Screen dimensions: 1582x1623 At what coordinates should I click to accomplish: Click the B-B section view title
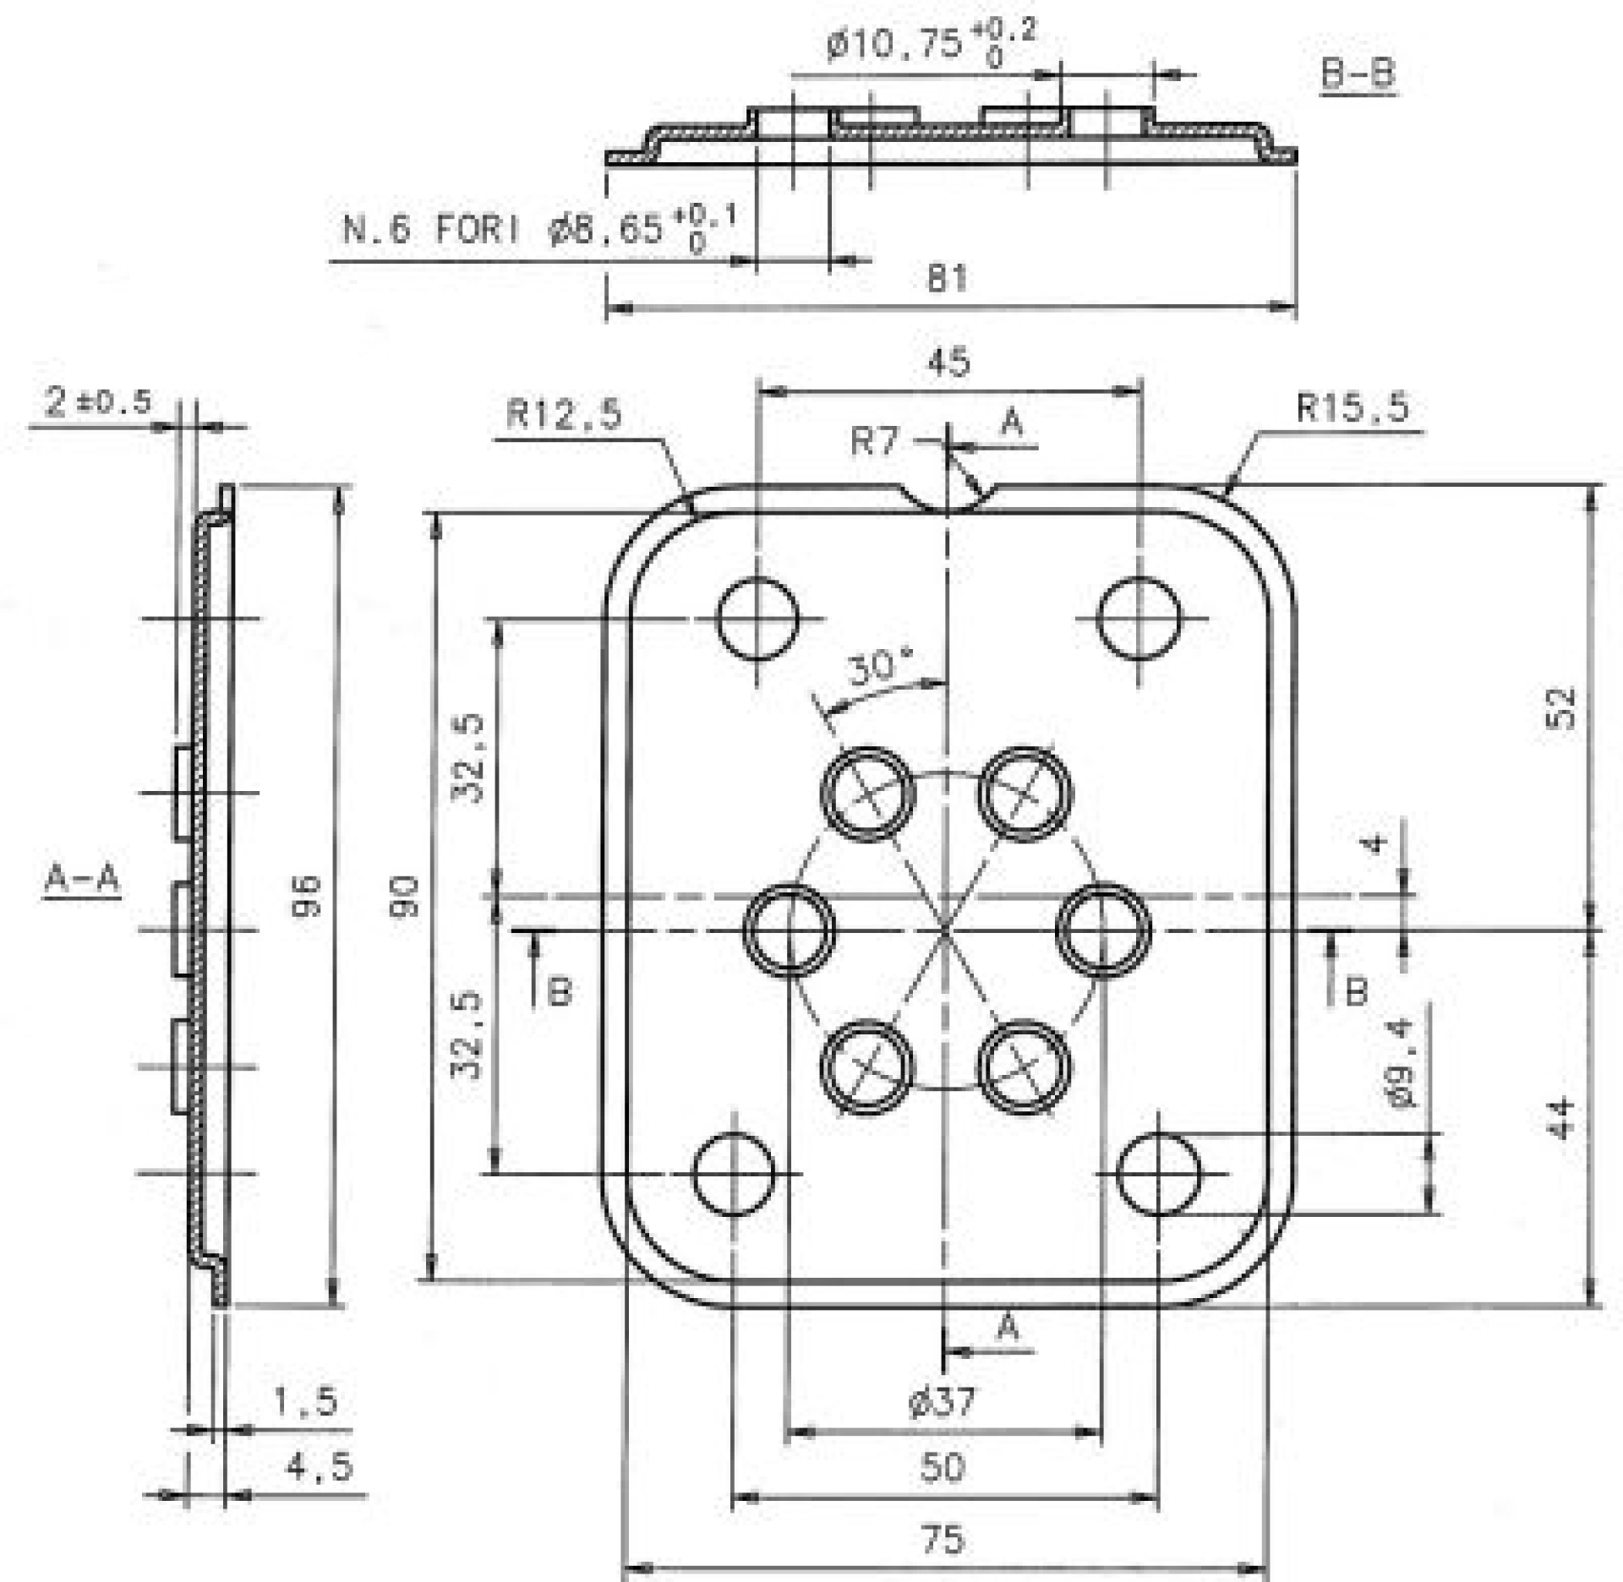[x=1358, y=74]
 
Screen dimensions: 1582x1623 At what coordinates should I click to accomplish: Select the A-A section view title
[x=82, y=880]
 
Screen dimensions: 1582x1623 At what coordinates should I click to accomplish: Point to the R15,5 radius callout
[x=1352, y=408]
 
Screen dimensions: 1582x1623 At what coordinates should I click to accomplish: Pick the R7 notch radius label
[x=875, y=441]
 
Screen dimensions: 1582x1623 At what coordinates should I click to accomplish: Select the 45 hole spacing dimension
[x=948, y=363]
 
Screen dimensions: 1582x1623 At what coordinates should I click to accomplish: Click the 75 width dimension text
[x=943, y=1539]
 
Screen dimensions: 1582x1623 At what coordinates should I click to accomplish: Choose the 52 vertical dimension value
[x=1564, y=708]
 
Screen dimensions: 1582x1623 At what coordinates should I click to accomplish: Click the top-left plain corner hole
[x=757, y=619]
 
